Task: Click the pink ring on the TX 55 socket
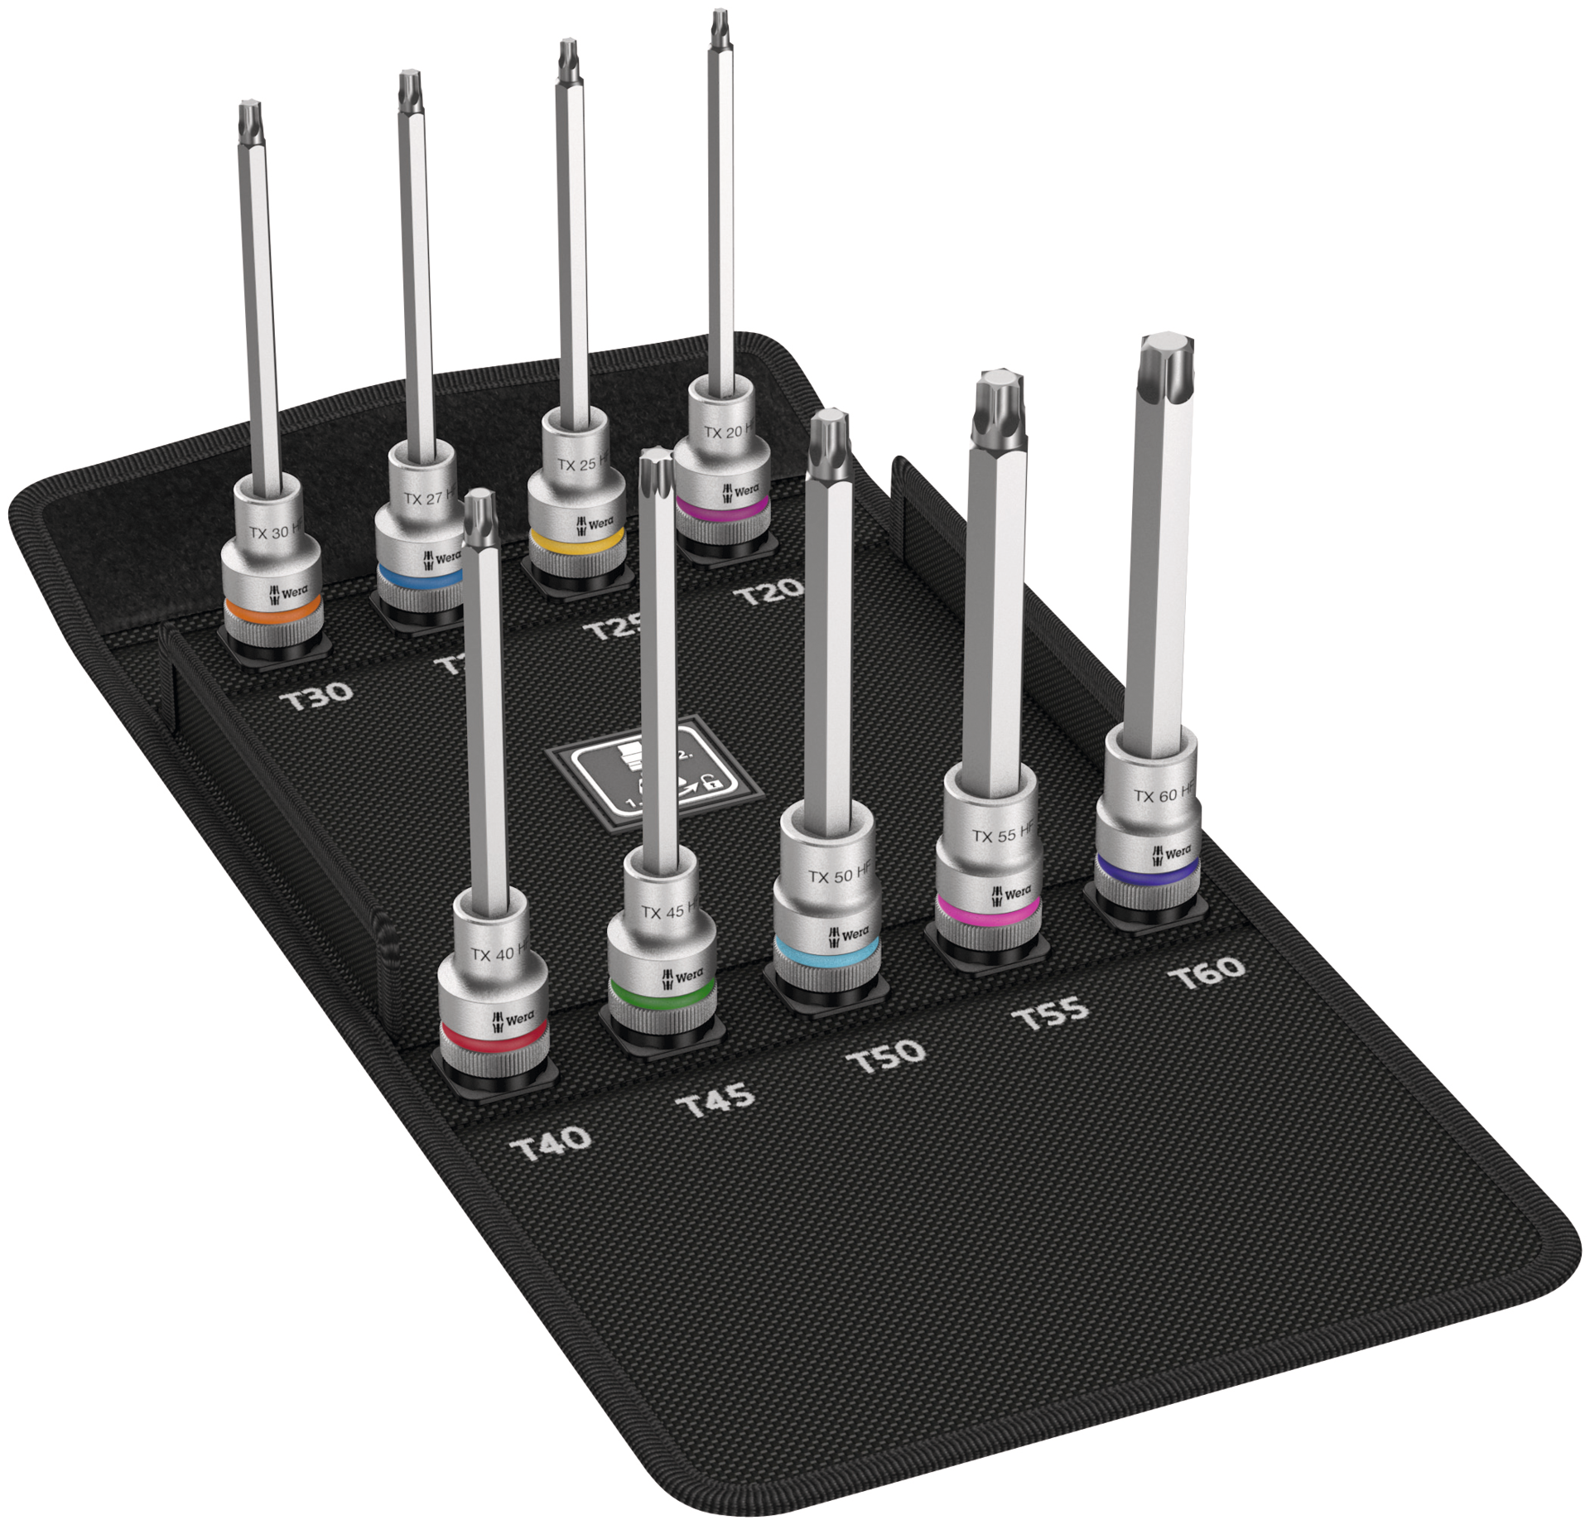pyautogui.click(x=986, y=910)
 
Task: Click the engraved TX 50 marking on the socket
pyautogui.click(x=840, y=876)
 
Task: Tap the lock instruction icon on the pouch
pyautogui.click(x=654, y=775)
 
